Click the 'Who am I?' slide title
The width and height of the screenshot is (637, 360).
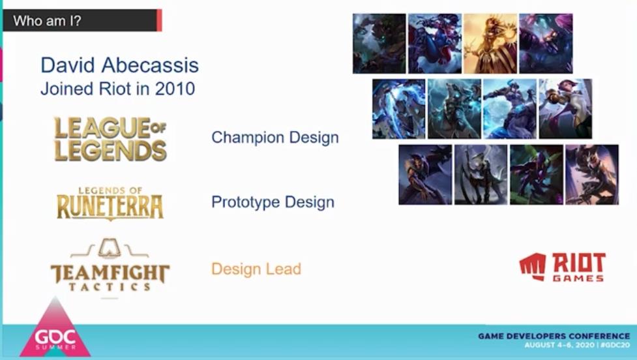pos(47,21)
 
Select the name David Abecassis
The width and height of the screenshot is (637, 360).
pos(119,65)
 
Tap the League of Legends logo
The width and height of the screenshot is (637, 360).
pos(110,139)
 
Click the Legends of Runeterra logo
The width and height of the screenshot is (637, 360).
pos(110,203)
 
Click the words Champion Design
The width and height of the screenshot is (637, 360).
pos(275,138)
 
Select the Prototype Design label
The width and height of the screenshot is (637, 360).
pos(273,202)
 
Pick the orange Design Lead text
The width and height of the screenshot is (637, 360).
pos(256,269)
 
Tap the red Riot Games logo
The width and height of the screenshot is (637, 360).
pos(562,267)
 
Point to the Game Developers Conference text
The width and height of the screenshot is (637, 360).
pos(554,336)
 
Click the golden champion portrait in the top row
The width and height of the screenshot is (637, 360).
pos(490,44)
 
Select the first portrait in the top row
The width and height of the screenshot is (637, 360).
pos(379,44)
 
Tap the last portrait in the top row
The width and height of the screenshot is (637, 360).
pos(546,44)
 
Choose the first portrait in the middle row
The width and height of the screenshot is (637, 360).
pos(399,109)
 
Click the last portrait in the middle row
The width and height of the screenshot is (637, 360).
pos(565,109)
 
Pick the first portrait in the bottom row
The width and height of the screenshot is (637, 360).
pos(425,175)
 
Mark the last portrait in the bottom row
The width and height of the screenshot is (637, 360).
pos(592,175)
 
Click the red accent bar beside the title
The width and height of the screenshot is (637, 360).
pos(159,20)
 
